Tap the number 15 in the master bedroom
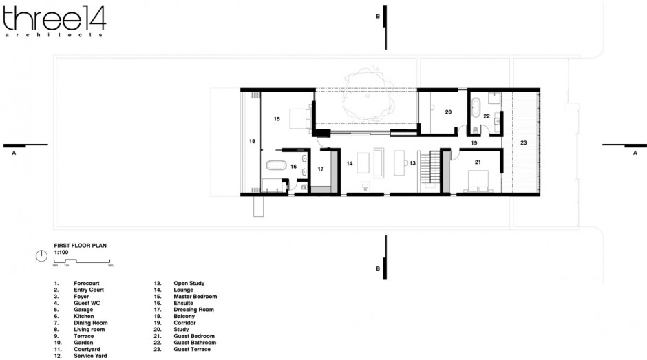tap(277, 119)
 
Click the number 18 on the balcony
tap(252, 141)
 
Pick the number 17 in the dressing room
tap(320, 168)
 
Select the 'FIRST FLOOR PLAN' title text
tap(80, 245)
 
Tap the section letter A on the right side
tap(635, 154)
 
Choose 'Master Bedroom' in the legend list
tap(195, 296)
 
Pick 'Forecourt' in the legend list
tap(86, 283)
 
